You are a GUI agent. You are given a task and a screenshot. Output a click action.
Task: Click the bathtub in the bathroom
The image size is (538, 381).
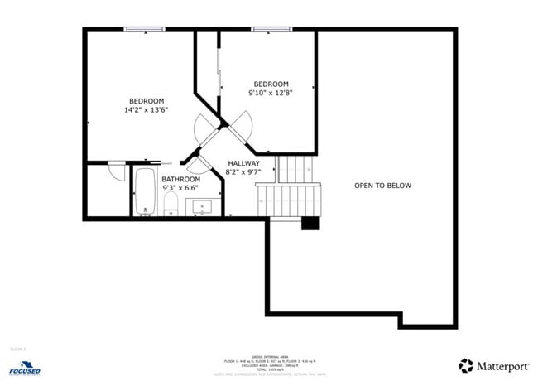pyautogui.click(x=144, y=192)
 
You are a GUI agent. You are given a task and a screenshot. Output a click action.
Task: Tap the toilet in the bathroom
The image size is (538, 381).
pyautogui.click(x=171, y=203)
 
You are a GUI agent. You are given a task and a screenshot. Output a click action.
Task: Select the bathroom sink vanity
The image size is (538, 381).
pyautogui.click(x=199, y=206)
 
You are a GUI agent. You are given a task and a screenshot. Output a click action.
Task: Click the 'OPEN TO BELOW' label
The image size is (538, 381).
pyautogui.click(x=382, y=186)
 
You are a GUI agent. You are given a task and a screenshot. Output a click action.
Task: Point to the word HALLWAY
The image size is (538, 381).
pyautogui.click(x=243, y=163)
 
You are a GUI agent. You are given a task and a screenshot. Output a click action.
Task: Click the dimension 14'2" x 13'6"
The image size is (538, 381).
pyautogui.click(x=147, y=109)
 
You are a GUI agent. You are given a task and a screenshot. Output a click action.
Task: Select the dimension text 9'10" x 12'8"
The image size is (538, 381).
pyautogui.click(x=271, y=93)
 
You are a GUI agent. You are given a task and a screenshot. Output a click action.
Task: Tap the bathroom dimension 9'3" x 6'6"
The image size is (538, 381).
pyautogui.click(x=180, y=188)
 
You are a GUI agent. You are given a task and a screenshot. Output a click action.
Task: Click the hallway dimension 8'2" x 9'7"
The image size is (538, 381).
pyautogui.click(x=243, y=172)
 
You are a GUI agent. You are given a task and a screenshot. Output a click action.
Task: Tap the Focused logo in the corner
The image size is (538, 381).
pyautogui.click(x=26, y=367)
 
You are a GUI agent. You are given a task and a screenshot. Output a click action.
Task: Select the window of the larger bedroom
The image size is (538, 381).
pyautogui.click(x=146, y=30)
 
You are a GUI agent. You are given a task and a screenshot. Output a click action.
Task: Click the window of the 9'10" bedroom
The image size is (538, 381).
pyautogui.click(x=271, y=30)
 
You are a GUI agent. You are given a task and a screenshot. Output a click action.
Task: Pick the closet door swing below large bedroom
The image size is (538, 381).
pyautogui.click(x=117, y=171)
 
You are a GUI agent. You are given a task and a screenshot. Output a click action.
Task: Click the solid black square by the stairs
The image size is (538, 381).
pyautogui.click(x=310, y=223)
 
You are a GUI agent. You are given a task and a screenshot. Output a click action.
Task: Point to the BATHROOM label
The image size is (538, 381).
pyautogui.click(x=180, y=179)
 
